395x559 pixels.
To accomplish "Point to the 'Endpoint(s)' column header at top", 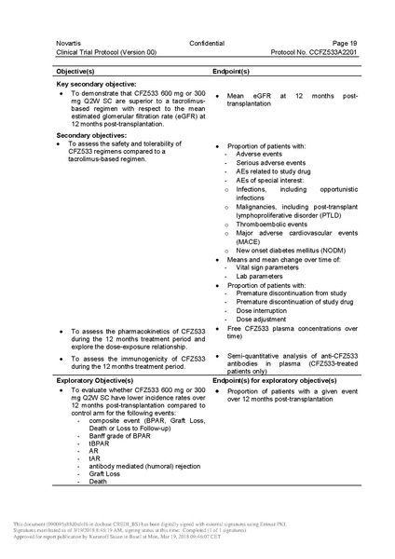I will [238, 70].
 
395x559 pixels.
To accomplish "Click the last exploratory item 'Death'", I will [99, 481].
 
